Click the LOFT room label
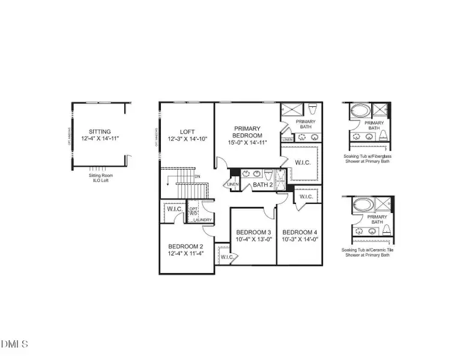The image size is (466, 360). coord(187,132)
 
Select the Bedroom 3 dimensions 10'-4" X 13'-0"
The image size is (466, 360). coord(253,239)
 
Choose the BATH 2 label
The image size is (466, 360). coord(262,185)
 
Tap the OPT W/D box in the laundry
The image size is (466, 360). coord(194,211)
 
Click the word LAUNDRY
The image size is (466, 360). coord(202,220)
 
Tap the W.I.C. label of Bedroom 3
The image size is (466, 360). coord(226,257)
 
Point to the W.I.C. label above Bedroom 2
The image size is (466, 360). coord(175,209)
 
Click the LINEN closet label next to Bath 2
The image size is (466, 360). coord(233,184)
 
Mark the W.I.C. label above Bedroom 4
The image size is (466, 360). coord(306,197)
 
